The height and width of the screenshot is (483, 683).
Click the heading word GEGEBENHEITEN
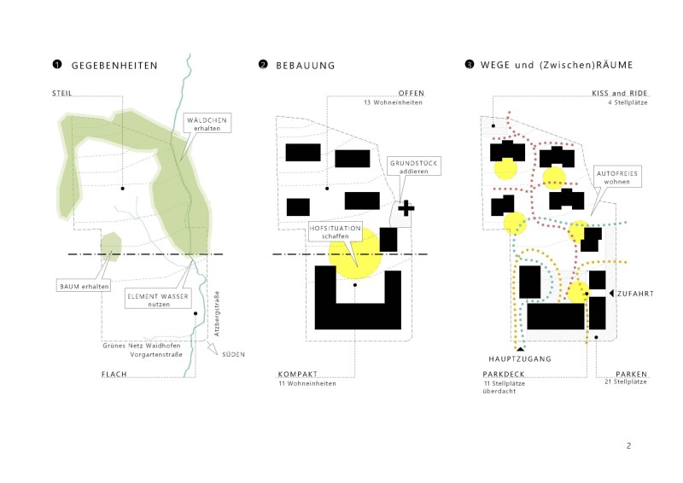(114, 66)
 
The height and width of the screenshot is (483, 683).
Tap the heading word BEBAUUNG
(306, 66)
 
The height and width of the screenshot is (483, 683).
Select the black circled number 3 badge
(469, 65)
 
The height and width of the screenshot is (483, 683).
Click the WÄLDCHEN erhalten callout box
(207, 124)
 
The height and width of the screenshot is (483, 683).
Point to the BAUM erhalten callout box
(84, 286)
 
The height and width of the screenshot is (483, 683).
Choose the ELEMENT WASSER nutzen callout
(158, 299)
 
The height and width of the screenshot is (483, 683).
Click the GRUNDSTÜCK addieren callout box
(414, 166)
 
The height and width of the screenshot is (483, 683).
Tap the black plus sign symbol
(406, 208)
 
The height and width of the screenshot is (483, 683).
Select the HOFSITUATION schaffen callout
(336, 232)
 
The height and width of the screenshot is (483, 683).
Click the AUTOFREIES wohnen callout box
(616, 177)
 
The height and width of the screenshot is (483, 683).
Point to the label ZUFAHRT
(635, 294)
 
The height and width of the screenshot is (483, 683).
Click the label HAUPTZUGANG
(520, 359)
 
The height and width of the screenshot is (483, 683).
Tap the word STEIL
(61, 93)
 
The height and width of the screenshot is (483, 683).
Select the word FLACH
(114, 374)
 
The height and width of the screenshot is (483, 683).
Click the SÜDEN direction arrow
(212, 349)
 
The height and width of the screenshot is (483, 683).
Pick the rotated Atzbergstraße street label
(217, 313)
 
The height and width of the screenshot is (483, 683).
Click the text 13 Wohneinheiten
(393, 102)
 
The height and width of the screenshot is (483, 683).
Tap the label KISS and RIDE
(620, 93)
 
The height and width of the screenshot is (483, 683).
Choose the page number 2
(628, 445)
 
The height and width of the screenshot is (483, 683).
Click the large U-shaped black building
(358, 316)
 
